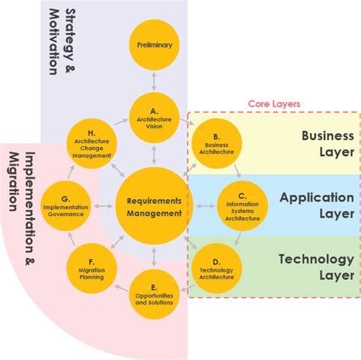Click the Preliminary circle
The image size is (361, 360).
tap(155, 45)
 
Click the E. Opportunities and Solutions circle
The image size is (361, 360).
tap(155, 294)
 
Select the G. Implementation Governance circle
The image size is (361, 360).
tap(65, 205)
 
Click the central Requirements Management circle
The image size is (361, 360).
tap(155, 205)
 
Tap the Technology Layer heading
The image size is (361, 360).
tap(315, 267)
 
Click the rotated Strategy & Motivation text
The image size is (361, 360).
tap(63, 41)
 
